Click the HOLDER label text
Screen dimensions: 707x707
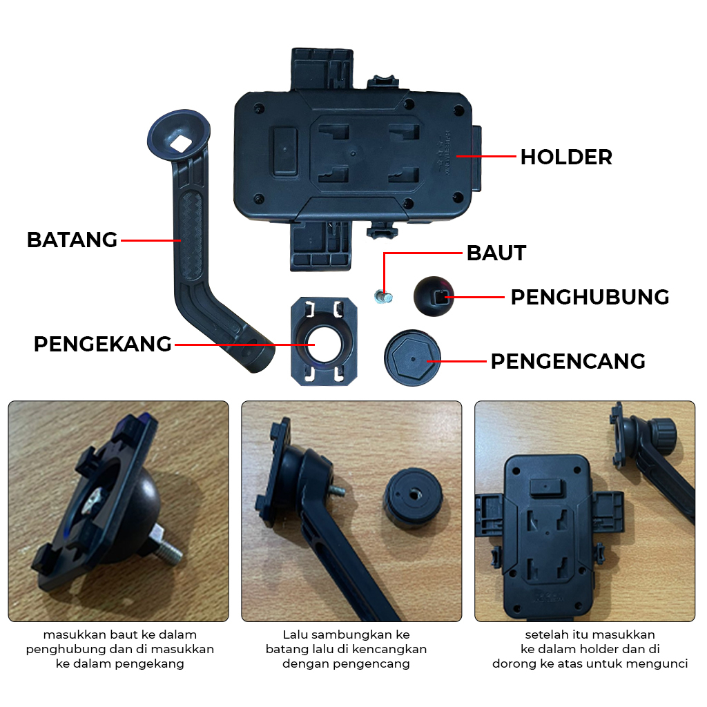[565, 157]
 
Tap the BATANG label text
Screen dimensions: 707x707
[72, 240]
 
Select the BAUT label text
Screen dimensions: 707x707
[496, 253]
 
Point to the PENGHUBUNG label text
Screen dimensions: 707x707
[590, 297]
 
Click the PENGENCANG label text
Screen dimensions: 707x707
[568, 361]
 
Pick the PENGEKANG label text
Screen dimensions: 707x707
[102, 343]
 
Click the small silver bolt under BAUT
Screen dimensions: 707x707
[382, 298]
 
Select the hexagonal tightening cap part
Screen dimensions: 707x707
[411, 357]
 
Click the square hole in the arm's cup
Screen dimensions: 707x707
[182, 144]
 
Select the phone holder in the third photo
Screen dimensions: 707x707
[549, 535]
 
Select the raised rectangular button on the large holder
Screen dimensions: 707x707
[284, 151]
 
